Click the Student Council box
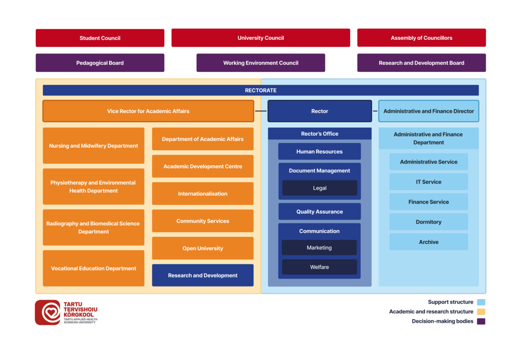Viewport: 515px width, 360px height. pyautogui.click(x=100, y=38)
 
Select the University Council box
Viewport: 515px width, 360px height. pyautogui.click(x=261, y=38)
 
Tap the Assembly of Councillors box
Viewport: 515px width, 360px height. pyautogui.click(x=421, y=38)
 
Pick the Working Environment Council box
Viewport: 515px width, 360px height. pyautogui.click(x=261, y=63)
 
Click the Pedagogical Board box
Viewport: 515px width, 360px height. pyautogui.click(x=100, y=63)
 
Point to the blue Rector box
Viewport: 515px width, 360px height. pyautogui.click(x=319, y=111)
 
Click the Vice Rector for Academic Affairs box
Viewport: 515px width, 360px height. pyautogui.click(x=148, y=111)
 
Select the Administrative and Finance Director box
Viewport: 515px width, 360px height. pyautogui.click(x=428, y=111)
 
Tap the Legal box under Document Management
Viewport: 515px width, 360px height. pyautogui.click(x=319, y=188)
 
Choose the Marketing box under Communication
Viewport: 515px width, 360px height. pyautogui.click(x=319, y=247)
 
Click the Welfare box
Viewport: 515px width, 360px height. pyautogui.click(x=319, y=267)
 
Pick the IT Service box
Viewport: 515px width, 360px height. pyautogui.click(x=428, y=182)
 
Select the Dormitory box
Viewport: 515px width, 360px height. pyautogui.click(x=428, y=222)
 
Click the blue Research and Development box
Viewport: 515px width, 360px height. pyautogui.click(x=203, y=276)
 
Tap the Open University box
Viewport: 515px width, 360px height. pyautogui.click(x=203, y=248)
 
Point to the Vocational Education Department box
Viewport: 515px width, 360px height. pyautogui.click(x=94, y=268)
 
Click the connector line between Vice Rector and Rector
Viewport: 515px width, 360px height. pyautogui.click(x=261, y=111)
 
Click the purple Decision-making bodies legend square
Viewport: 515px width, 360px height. pyautogui.click(x=481, y=321)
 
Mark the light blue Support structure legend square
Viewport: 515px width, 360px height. pyautogui.click(x=481, y=302)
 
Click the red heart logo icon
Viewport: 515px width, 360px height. pyautogui.click(x=48, y=312)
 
